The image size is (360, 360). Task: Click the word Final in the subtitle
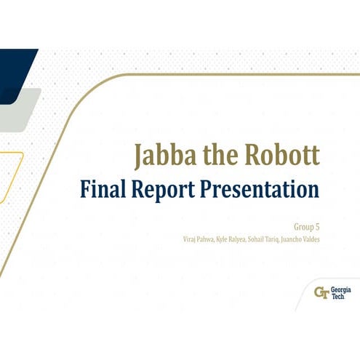point(105,190)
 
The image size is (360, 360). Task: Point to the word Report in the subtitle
point(166,191)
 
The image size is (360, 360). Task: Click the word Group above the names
point(305,226)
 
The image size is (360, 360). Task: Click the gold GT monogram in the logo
point(321,293)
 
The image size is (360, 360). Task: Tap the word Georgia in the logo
point(340,289)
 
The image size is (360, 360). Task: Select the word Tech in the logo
point(337,297)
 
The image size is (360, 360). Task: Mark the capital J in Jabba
point(138,156)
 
